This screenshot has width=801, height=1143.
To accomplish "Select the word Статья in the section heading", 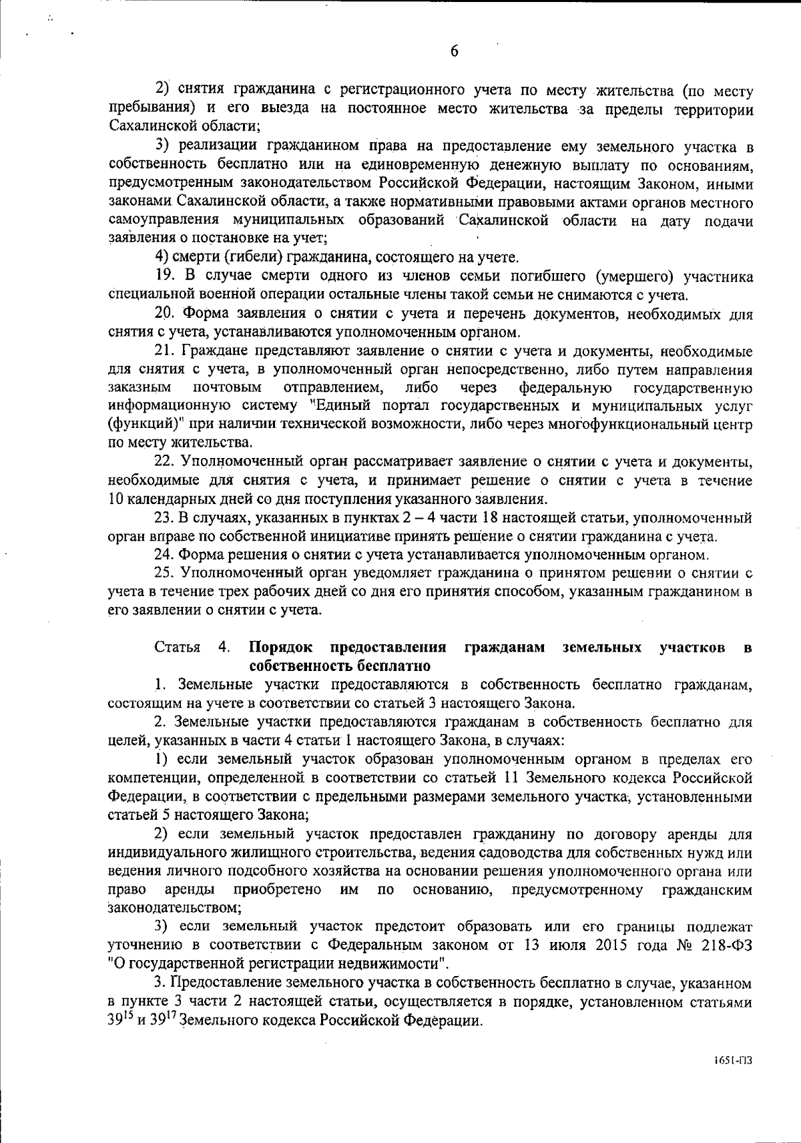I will coord(177,647).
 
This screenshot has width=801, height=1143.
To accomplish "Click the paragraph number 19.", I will coord(164,276).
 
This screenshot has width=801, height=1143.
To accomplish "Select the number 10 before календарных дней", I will coord(115,499).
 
